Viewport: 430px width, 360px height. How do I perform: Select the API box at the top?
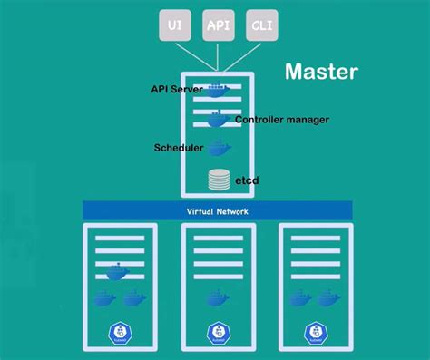219,26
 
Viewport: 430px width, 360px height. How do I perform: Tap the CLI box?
260,26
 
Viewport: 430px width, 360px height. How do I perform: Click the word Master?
321,71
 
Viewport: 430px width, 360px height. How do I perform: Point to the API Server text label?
178,89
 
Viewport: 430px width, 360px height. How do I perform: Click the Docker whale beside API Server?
218,90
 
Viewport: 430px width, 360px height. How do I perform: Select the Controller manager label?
282,120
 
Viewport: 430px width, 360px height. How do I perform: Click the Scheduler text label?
180,147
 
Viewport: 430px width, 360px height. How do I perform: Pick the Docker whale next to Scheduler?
219,148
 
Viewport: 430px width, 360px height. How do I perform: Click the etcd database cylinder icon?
219,180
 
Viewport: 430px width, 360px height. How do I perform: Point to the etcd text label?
247,180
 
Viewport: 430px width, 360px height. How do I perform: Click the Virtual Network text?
218,210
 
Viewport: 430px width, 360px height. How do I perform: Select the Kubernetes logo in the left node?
119,333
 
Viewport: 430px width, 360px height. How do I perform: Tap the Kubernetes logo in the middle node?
218,333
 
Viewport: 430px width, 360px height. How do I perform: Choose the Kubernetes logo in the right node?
315,333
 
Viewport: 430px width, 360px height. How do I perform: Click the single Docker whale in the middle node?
218,297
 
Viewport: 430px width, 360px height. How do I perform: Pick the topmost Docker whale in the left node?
118,271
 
